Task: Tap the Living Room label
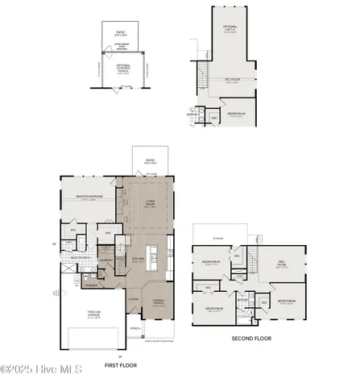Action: click(149, 203)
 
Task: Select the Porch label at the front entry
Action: click(135, 329)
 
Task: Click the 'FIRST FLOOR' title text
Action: click(121, 365)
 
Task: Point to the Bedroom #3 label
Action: click(211, 263)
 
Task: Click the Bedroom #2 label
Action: click(213, 308)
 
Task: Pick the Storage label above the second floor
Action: click(217, 239)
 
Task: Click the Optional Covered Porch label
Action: click(122, 69)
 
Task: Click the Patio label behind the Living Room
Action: click(150, 161)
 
